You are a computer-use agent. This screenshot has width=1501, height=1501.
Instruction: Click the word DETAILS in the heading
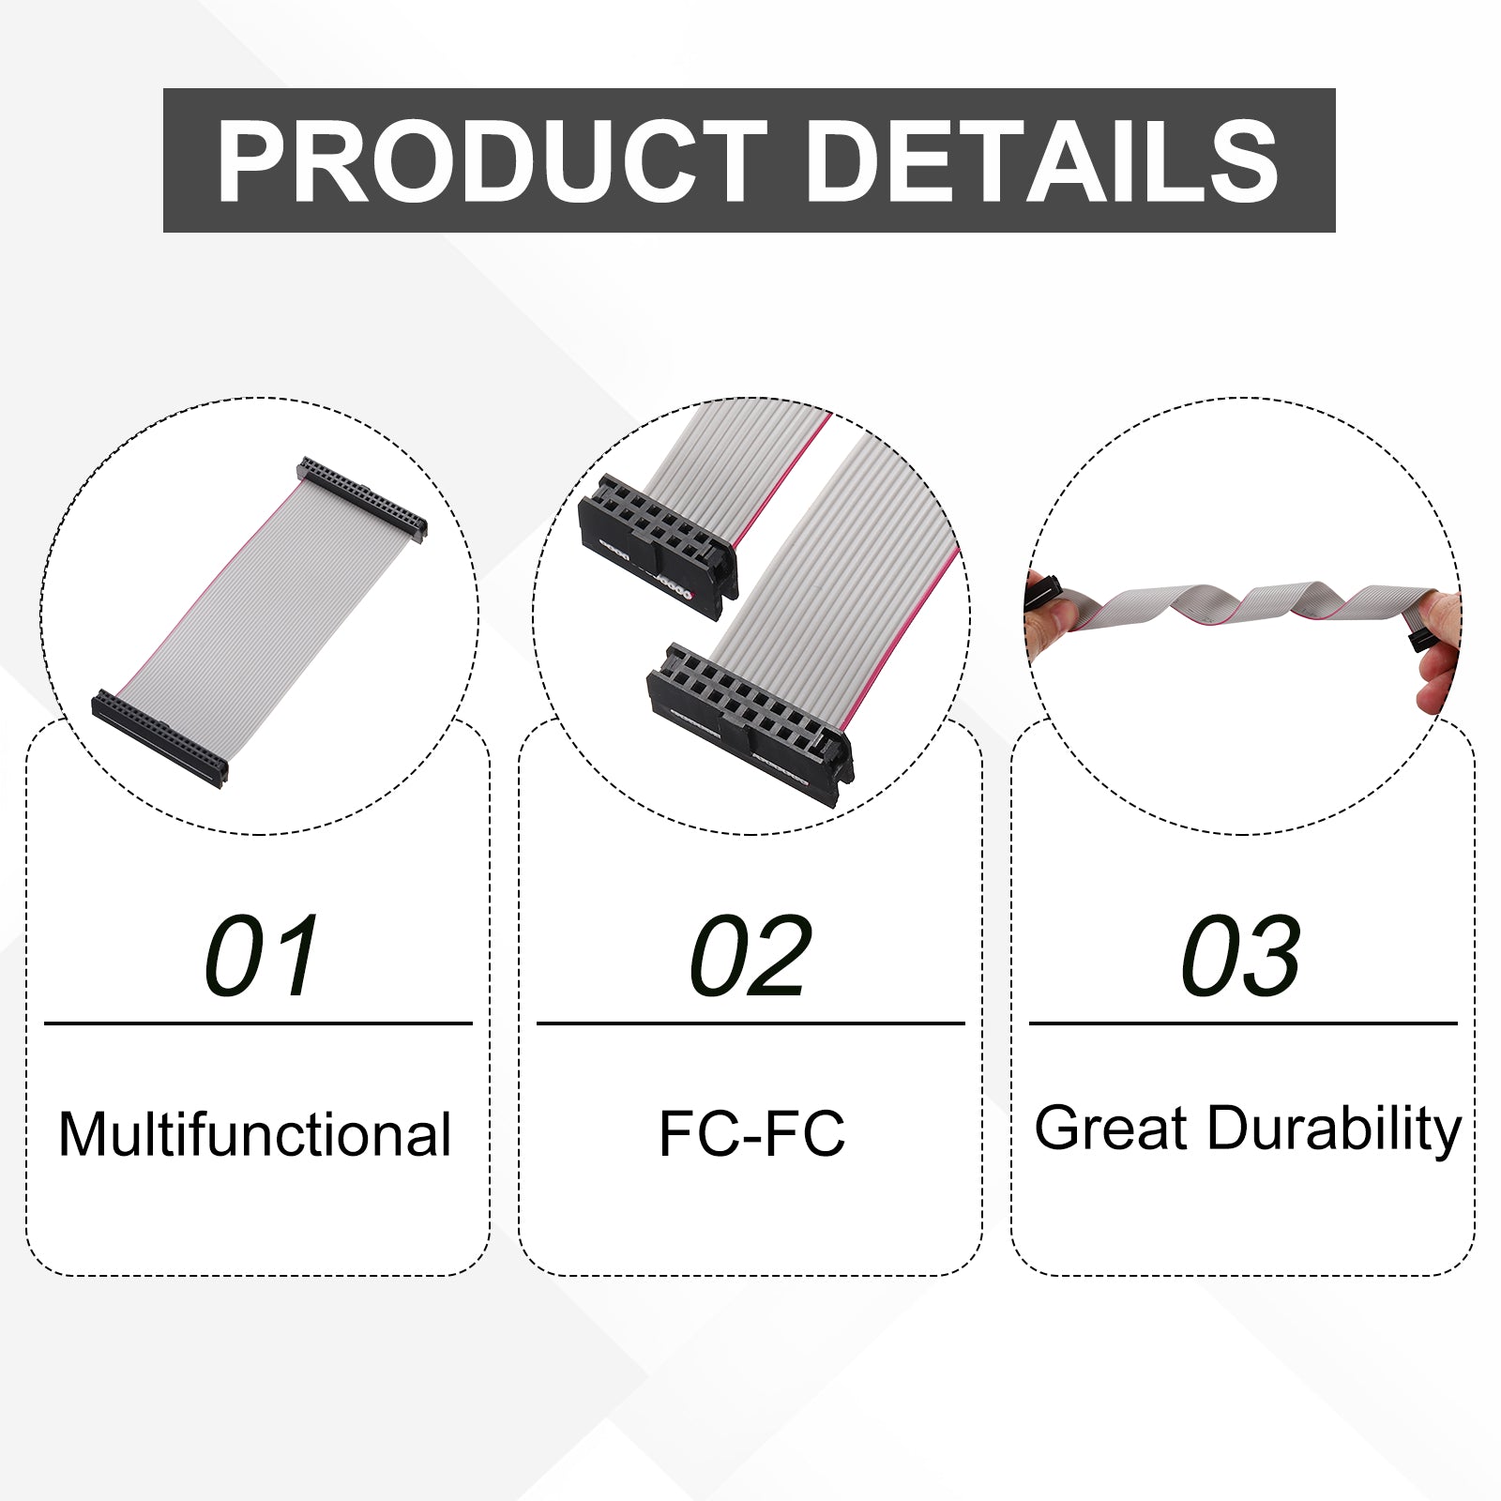click(1042, 161)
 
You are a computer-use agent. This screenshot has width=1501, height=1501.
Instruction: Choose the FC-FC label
click(751, 1133)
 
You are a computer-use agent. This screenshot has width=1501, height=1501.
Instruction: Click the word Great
click(1112, 1128)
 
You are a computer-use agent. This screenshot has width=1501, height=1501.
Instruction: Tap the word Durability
click(1334, 1130)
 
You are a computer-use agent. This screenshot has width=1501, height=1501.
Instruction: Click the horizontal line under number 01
click(258, 1023)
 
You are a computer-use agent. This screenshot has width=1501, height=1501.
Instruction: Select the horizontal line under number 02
click(750, 1023)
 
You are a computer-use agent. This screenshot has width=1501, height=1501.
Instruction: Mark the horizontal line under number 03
click(1243, 1023)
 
